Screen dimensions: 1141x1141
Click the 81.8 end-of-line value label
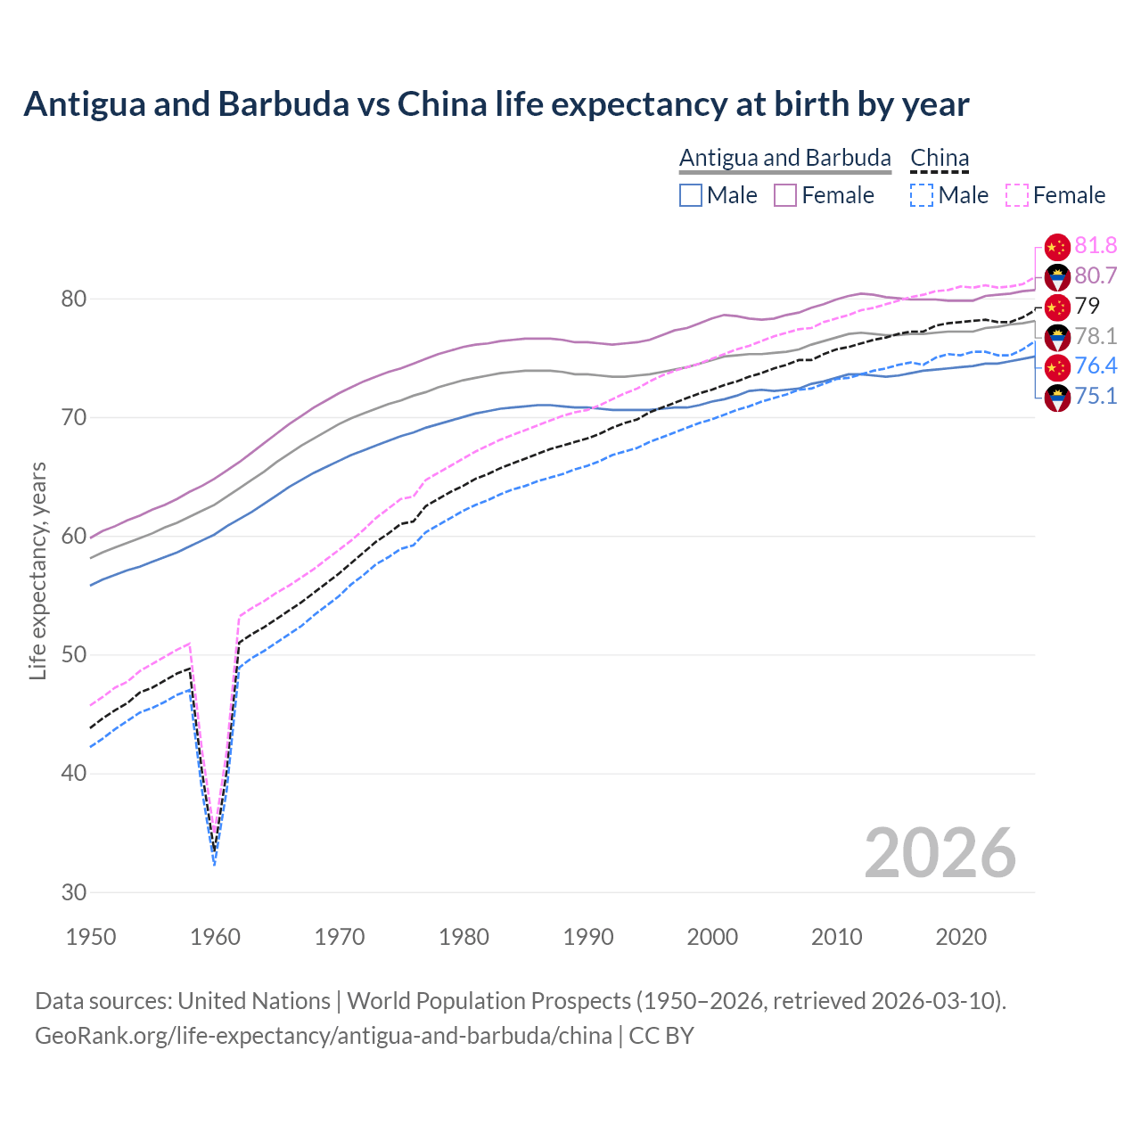(1096, 246)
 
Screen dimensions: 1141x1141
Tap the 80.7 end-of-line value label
(1096, 276)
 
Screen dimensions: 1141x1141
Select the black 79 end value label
(1088, 307)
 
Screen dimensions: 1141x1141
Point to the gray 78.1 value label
(1096, 337)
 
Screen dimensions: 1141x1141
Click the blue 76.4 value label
(1096, 366)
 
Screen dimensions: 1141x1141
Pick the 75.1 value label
(1096, 397)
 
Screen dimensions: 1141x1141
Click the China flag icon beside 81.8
(1057, 247)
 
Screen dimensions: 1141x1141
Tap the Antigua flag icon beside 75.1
(1057, 398)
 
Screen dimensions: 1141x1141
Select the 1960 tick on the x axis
(216, 937)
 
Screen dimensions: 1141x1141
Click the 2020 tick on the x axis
(961, 937)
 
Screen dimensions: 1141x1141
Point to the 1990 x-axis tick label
(588, 937)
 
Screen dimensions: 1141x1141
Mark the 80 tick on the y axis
(73, 300)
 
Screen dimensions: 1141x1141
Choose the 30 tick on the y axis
(73, 892)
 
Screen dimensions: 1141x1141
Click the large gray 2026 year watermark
(940, 853)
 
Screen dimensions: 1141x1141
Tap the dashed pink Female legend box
(1016, 195)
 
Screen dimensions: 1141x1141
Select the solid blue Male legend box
(691, 195)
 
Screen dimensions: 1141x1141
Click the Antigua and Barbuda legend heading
(784, 158)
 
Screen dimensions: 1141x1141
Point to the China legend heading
(940, 158)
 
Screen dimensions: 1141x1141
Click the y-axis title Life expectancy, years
(37, 570)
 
